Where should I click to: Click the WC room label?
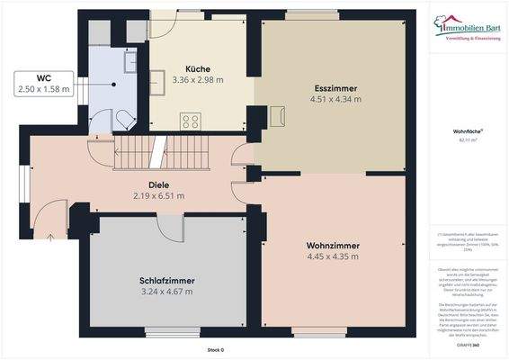click(43, 77)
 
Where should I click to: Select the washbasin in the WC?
click(129, 60)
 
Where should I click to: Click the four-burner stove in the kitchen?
click(190, 120)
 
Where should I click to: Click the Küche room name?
click(198, 69)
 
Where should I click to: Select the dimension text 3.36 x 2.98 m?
click(198, 80)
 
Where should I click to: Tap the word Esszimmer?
click(335, 88)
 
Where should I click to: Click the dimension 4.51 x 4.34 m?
click(335, 99)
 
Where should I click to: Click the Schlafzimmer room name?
click(167, 281)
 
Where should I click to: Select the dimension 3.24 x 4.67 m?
click(167, 292)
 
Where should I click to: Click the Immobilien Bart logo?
click(469, 31)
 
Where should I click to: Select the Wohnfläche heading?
click(468, 131)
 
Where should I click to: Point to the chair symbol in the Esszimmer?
click(276, 115)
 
